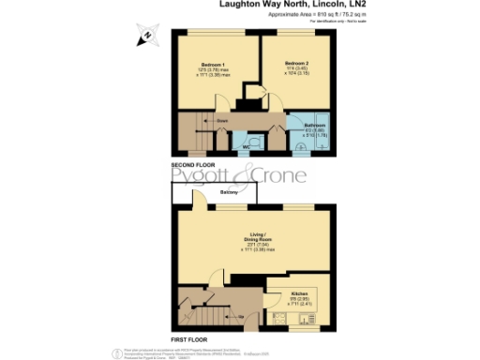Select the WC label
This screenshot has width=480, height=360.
click(247, 148)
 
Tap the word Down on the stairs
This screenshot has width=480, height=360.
click(221, 120)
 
